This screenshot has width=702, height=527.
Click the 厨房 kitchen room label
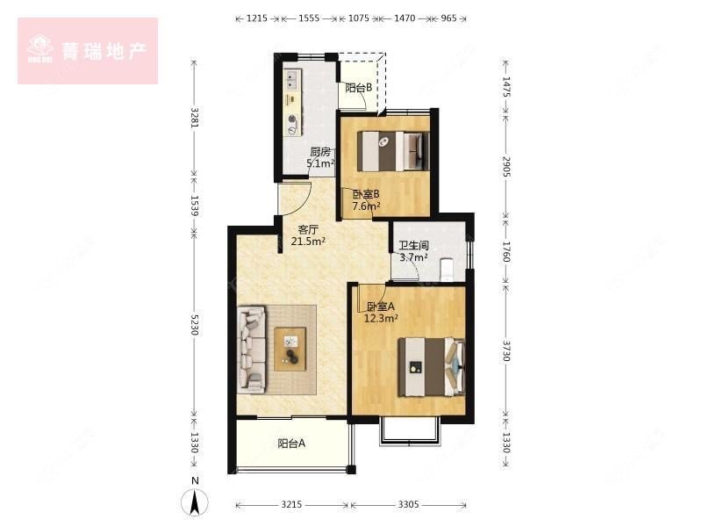(x=320, y=151)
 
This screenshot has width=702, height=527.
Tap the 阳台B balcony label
(x=357, y=88)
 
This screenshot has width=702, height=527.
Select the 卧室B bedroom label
(x=366, y=195)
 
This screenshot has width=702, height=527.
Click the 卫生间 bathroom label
(x=413, y=247)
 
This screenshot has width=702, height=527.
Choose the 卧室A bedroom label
(x=381, y=307)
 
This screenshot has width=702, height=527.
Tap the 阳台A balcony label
(x=291, y=444)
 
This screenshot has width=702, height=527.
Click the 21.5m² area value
(x=308, y=242)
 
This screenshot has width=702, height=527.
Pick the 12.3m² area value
(x=381, y=318)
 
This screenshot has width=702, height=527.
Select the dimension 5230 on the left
(x=195, y=325)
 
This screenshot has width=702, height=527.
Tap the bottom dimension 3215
(x=292, y=505)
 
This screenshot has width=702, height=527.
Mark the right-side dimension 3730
(x=506, y=347)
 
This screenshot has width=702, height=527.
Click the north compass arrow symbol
(x=196, y=501)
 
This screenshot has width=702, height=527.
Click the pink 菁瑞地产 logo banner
(x=88, y=51)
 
